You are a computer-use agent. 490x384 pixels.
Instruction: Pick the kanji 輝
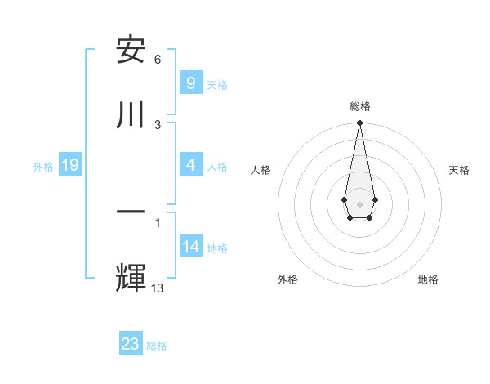pos(131,277)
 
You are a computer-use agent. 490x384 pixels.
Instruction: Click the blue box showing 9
pos(190,83)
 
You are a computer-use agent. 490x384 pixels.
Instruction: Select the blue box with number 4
pos(190,166)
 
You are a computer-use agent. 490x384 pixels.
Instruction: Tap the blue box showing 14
pos(191,247)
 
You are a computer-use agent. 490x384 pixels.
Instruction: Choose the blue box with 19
pos(69,166)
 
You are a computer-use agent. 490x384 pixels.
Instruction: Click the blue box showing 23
pos(131,344)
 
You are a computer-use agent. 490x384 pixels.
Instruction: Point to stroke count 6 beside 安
pos(158,60)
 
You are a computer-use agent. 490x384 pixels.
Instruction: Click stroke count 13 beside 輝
pos(158,287)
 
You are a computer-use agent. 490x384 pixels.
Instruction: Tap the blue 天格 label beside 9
pos(217,84)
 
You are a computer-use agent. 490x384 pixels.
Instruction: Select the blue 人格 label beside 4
pos(217,167)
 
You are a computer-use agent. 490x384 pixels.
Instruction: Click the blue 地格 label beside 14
pos(217,248)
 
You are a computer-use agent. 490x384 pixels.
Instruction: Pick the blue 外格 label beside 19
pos(43,167)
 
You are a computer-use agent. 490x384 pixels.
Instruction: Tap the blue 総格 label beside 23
pos(157,345)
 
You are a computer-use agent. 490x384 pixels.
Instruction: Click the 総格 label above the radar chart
pos(359,106)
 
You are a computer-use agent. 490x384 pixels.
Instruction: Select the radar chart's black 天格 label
pos(459,170)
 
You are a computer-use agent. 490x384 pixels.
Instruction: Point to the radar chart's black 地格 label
pos(428,279)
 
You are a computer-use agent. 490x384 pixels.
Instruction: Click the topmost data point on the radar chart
pos(359,123)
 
